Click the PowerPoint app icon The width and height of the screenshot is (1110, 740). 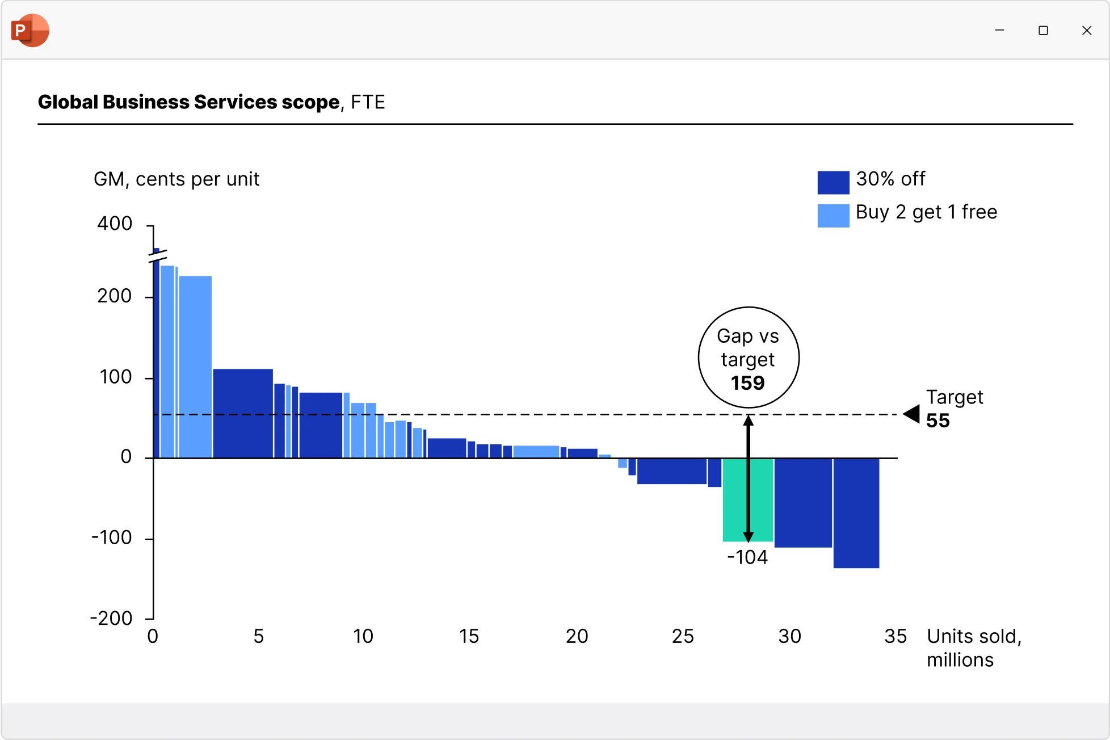30,30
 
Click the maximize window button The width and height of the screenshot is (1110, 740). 1043,31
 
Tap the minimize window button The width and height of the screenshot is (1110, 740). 1000,31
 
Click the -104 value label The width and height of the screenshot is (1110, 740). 747,557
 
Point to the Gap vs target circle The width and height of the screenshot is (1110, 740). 749,358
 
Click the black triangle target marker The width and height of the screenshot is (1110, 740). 912,414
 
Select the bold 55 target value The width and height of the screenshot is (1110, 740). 938,421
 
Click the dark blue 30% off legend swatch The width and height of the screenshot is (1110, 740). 833,182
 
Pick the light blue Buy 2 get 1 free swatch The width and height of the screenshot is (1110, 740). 833,216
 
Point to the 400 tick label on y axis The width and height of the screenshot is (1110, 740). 115,224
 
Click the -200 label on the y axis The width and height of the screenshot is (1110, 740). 111,618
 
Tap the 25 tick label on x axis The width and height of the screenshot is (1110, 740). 683,636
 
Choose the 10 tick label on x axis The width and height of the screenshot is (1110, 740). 363,636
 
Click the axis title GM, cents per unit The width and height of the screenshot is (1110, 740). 176,179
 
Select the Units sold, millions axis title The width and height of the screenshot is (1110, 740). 974,648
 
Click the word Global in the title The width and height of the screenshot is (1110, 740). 68,102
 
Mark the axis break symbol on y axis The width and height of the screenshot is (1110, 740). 157,256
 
